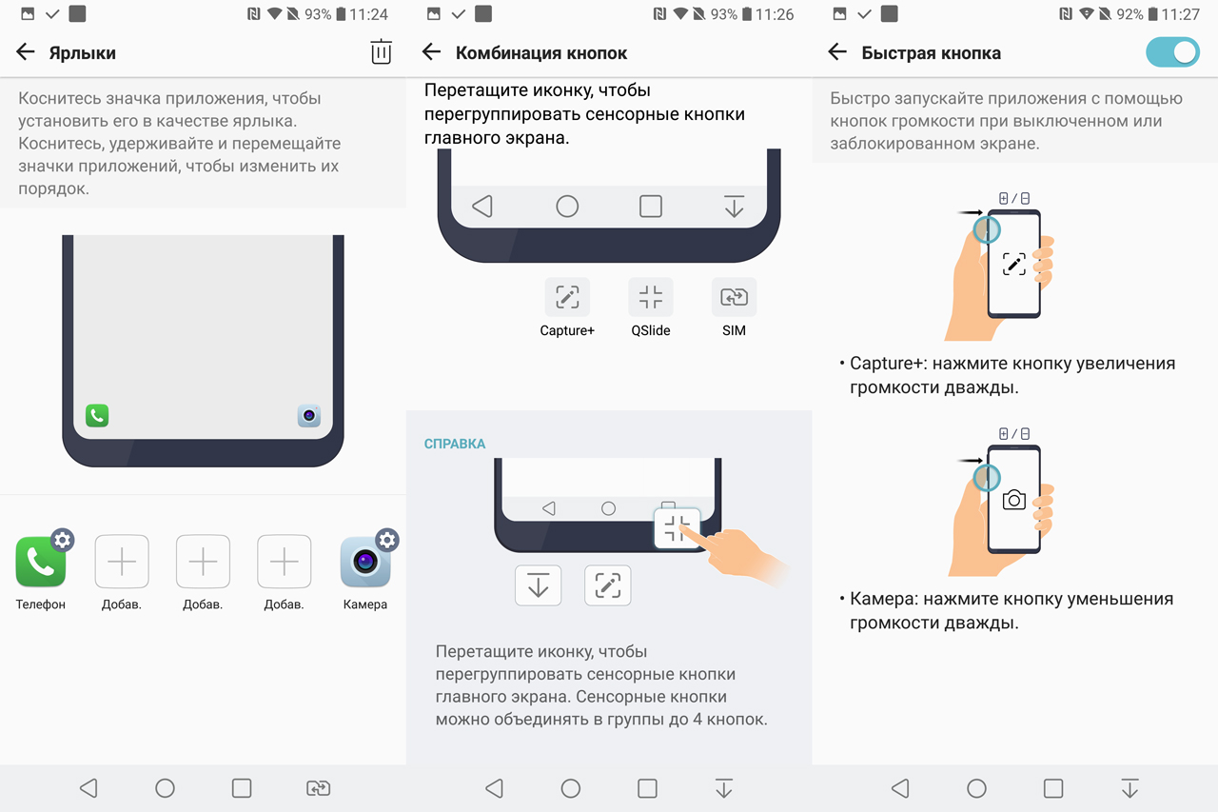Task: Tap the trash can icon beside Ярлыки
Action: pos(382,51)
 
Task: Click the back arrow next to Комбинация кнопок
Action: pos(431,52)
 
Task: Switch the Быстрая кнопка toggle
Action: pos(1172,52)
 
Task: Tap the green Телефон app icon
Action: pos(41,562)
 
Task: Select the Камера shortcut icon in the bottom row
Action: pos(365,562)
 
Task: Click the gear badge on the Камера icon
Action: pos(387,540)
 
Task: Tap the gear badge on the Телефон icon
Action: pos(63,540)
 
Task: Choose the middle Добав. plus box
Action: pos(203,562)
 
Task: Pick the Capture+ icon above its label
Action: pos(567,297)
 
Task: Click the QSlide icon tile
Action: pos(650,297)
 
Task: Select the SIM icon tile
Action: pos(734,297)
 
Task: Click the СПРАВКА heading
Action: pos(455,444)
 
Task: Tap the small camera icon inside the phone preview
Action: pos(309,415)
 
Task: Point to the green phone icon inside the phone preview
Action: pos(97,415)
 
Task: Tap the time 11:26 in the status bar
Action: pos(775,14)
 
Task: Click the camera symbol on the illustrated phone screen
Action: pos(1014,499)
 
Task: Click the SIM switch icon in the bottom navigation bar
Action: pos(318,788)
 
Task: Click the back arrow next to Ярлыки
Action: pos(25,52)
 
